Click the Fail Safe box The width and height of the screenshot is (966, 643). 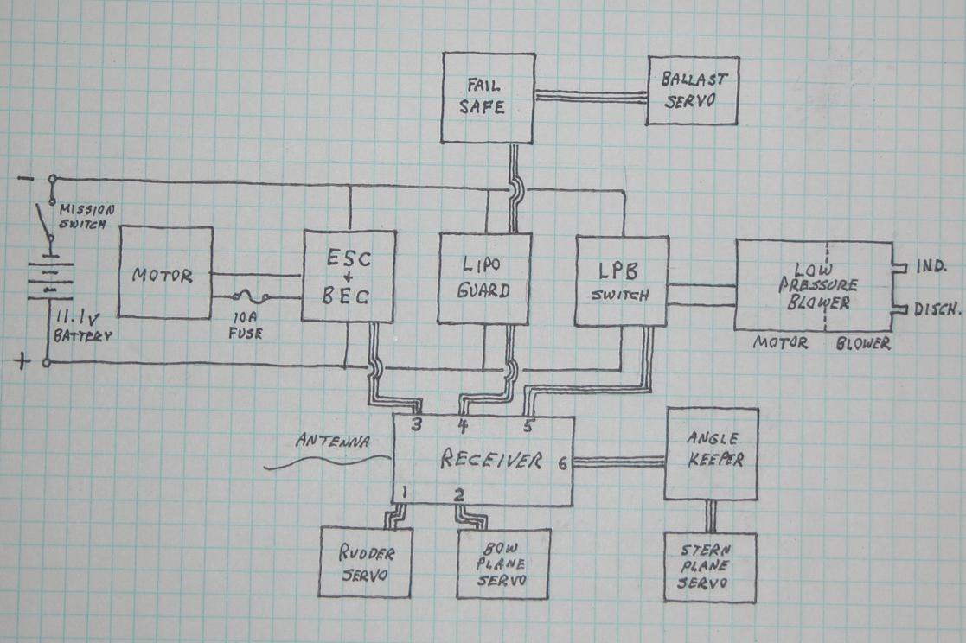(x=489, y=98)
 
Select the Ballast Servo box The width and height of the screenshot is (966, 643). (x=694, y=90)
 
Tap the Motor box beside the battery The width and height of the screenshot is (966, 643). (x=165, y=273)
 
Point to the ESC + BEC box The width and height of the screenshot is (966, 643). (x=349, y=277)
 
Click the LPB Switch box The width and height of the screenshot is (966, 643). (x=622, y=281)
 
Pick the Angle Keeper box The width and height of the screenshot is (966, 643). (x=710, y=454)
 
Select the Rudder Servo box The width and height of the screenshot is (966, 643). (x=365, y=563)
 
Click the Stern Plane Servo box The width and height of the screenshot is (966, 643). (x=710, y=567)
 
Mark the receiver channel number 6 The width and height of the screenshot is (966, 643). (x=562, y=463)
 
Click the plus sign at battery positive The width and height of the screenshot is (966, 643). (x=20, y=362)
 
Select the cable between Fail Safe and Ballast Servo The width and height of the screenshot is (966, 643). (x=591, y=96)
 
